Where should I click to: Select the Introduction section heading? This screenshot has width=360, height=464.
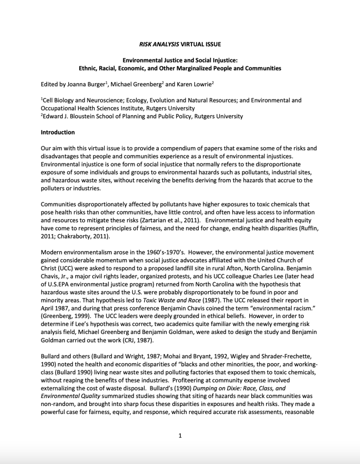click(x=58, y=132)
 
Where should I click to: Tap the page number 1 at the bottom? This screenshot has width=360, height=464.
click(x=180, y=436)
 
